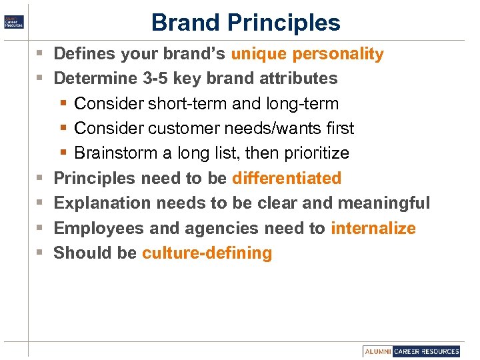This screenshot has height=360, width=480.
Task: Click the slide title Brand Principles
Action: click(245, 23)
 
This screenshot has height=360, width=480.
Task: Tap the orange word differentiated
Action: click(287, 179)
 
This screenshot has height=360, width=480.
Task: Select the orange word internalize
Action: click(373, 229)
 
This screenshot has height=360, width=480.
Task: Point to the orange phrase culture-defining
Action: click(207, 253)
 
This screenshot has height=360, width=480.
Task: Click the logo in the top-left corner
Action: click(13, 21)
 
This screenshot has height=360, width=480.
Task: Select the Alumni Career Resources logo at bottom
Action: click(411, 351)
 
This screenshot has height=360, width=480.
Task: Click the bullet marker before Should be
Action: click(39, 253)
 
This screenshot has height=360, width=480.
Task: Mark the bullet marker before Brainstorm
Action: click(63, 153)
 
